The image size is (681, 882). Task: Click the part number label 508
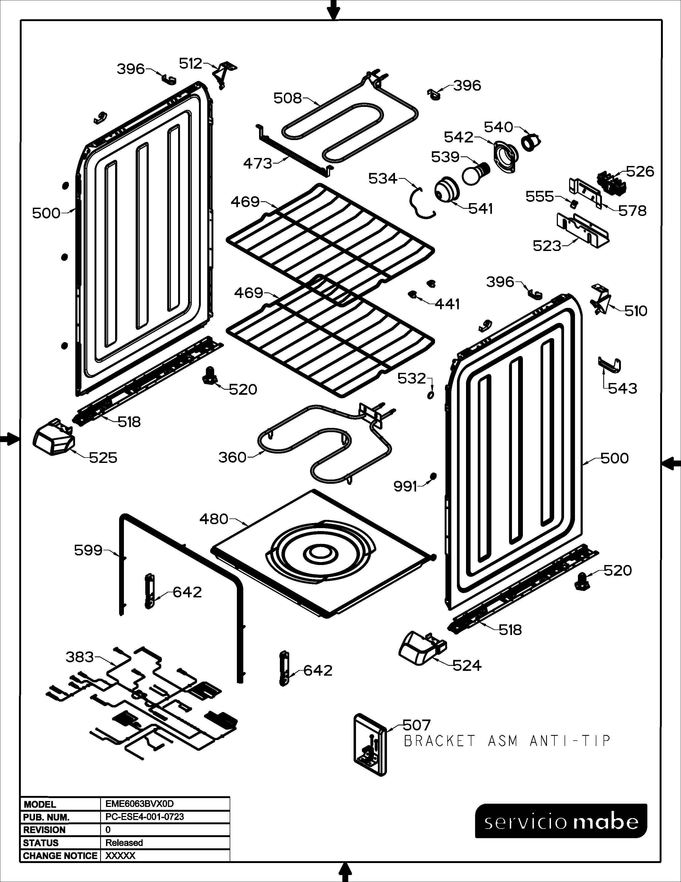pos(287,98)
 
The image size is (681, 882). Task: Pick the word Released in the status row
pos(124,843)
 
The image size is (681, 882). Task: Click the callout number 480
pos(214,519)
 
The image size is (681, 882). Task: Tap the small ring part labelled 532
pos(431,394)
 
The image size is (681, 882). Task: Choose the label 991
pos(405,487)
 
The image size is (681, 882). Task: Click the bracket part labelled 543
pos(609,365)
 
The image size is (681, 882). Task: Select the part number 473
pos(257,164)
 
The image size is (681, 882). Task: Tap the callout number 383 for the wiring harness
pos(80,657)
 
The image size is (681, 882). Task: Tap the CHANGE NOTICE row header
pos(60,856)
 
